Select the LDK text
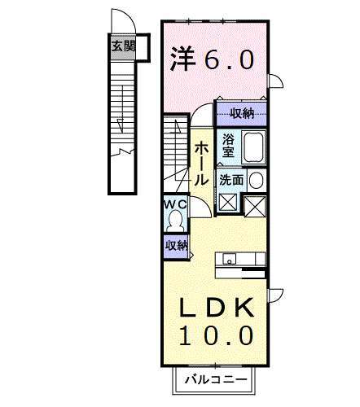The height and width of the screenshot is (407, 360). click(216, 309)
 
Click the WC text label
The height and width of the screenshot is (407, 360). click(176, 204)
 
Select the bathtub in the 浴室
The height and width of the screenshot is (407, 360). click(253, 147)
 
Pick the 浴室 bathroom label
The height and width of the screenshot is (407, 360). click(228, 146)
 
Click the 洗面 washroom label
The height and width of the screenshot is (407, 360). click(230, 181)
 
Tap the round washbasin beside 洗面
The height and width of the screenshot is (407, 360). click(256, 181)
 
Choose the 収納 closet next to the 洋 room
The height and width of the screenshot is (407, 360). click(241, 113)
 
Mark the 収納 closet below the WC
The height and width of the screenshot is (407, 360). click(176, 245)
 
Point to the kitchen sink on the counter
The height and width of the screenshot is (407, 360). click(230, 260)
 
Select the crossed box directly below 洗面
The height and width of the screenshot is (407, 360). click(227, 204)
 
